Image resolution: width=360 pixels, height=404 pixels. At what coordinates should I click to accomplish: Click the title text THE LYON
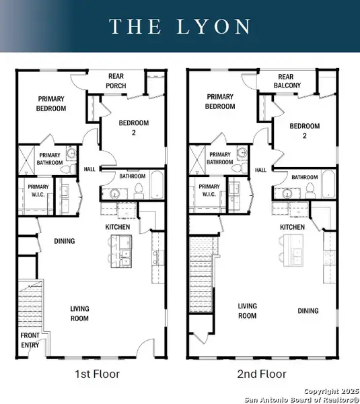[180, 26]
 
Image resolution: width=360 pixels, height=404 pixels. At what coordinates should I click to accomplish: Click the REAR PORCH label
[118, 81]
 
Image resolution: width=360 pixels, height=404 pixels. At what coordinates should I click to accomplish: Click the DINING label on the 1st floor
[65, 241]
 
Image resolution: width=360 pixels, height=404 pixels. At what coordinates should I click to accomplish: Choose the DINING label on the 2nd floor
[308, 310]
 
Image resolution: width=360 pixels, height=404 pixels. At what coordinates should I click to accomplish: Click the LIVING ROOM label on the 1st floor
[80, 314]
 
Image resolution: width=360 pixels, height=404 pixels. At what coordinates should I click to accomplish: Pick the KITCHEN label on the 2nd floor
[293, 228]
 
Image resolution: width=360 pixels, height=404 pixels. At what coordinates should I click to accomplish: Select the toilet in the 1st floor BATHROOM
[139, 189]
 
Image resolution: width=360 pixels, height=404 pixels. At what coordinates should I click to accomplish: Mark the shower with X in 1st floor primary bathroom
[26, 160]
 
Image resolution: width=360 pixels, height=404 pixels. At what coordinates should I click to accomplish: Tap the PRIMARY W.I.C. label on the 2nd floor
[209, 191]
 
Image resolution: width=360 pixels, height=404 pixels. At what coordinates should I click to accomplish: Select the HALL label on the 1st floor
[89, 170]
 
